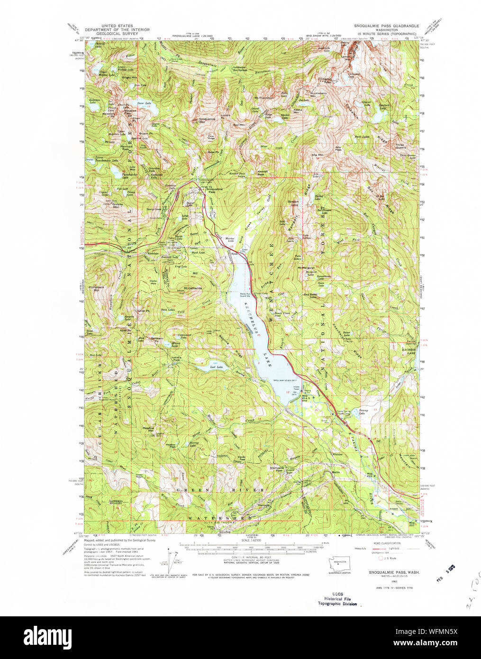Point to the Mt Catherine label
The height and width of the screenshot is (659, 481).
(193, 288)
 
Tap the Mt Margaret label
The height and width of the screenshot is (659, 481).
(307, 268)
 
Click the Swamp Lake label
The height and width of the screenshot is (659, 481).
(363, 412)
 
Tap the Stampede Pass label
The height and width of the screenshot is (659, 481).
(280, 467)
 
